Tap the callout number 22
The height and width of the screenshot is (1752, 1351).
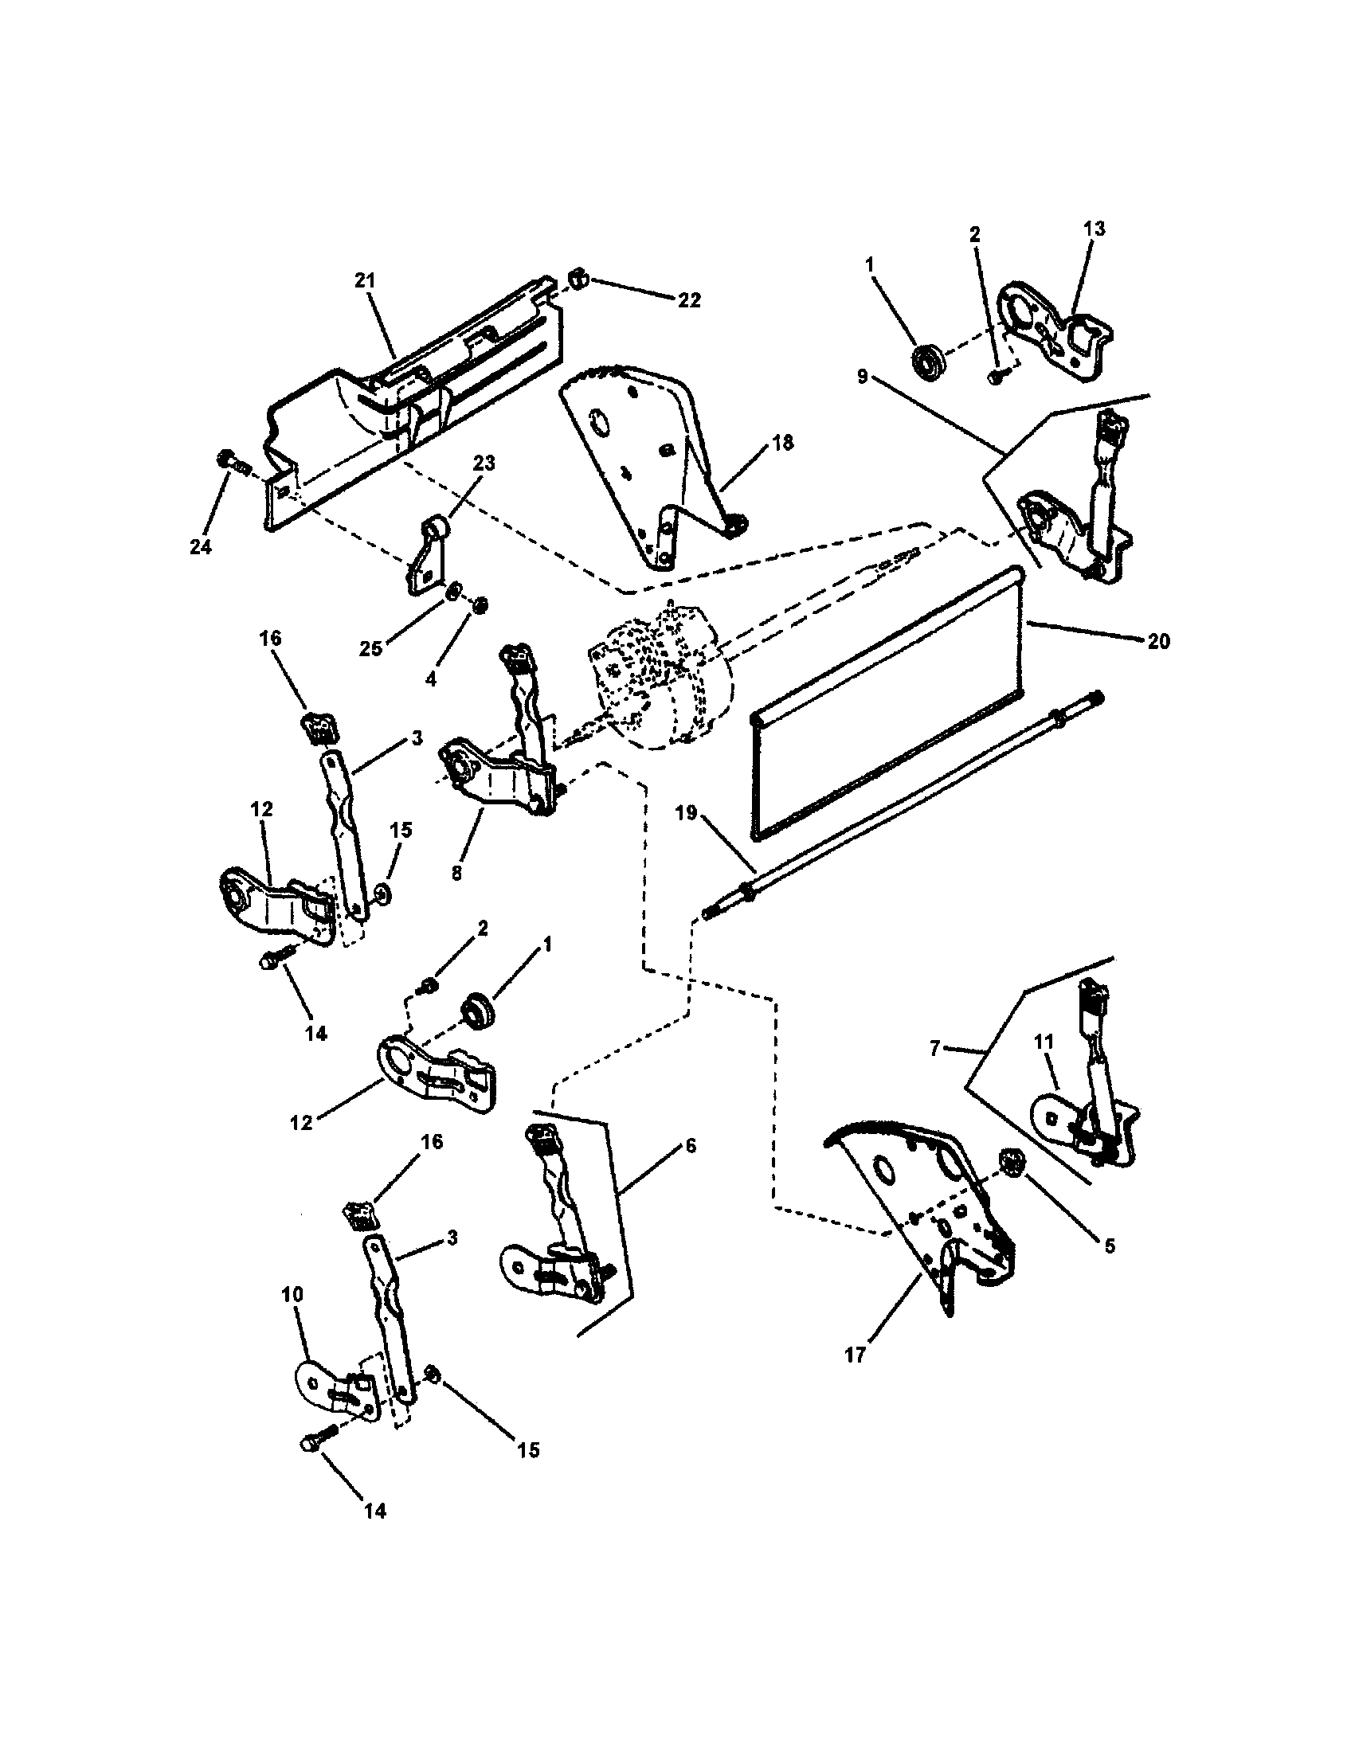688,300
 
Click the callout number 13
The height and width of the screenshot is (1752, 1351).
1094,229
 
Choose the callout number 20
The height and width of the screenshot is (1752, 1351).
1158,641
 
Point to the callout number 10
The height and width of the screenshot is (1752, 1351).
292,1294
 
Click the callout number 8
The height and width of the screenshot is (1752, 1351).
456,873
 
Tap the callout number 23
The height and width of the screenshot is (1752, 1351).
484,463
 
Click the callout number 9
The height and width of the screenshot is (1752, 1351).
863,376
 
